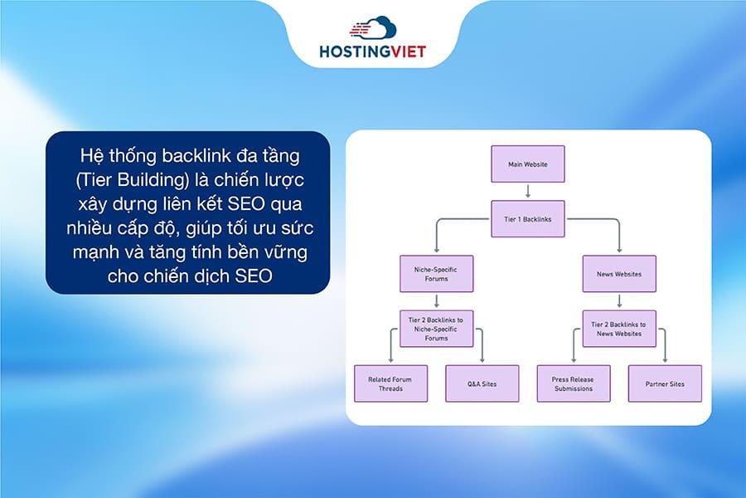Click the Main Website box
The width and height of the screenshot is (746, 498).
click(x=528, y=164)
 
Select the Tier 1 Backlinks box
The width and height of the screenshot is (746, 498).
click(x=528, y=219)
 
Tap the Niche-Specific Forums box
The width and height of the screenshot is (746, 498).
click(x=436, y=274)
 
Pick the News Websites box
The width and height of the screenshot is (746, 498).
click(x=619, y=274)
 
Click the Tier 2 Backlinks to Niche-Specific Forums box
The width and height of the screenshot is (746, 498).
click(x=436, y=328)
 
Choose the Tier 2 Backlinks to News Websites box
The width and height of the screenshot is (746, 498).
click(x=619, y=328)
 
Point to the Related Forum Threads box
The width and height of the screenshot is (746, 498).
click(x=390, y=383)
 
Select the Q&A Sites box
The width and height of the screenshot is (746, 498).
click(x=482, y=383)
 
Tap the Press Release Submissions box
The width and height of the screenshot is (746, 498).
click(x=573, y=383)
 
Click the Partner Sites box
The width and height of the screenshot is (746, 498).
click(x=665, y=383)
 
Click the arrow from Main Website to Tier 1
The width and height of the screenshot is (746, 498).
click(x=528, y=191)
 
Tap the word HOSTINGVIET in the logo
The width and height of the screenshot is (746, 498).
click(x=372, y=51)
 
